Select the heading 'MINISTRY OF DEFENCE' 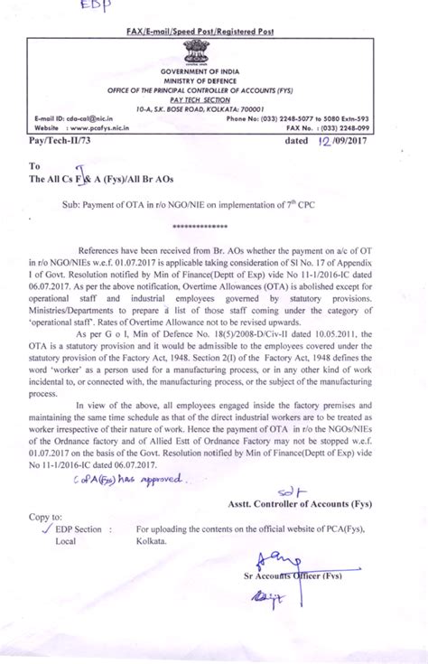(214, 79)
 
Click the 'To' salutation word (35, 166)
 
